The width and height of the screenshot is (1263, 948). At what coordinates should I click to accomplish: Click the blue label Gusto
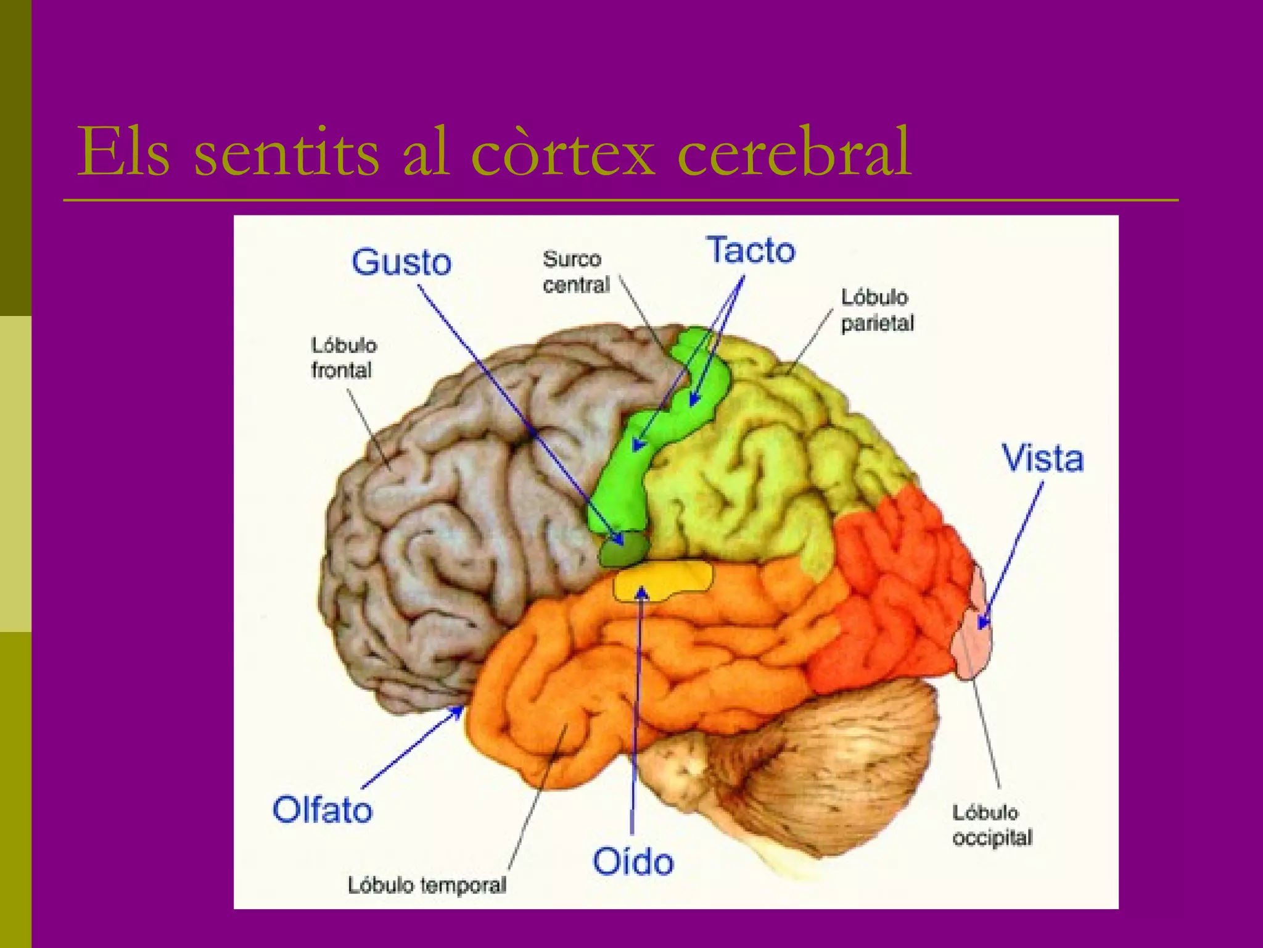[x=401, y=262]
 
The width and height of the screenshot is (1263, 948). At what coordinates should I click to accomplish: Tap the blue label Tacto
[x=751, y=251]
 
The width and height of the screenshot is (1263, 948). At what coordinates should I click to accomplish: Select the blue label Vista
[x=1042, y=459]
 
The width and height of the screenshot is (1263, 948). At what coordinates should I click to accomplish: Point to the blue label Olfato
[x=322, y=810]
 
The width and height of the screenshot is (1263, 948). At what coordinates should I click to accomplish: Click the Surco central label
[x=575, y=272]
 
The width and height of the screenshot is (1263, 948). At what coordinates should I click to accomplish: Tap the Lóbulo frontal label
[x=343, y=358]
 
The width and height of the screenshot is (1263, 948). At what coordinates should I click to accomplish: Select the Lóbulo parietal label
[x=876, y=310]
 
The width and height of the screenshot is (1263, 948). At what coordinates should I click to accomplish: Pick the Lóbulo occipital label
[x=991, y=825]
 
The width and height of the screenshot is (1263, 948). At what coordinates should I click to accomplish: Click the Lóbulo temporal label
[x=427, y=885]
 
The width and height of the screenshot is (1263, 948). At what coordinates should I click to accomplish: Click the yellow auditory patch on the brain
[x=663, y=580]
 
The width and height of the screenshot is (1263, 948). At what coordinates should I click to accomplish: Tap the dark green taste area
[x=624, y=549]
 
